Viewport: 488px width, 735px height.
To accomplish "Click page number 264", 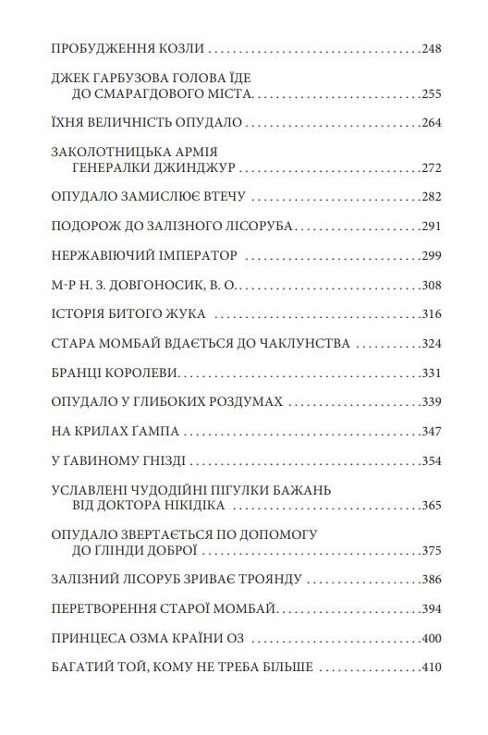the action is coord(430,122).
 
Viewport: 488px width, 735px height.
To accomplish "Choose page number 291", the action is coord(430,227).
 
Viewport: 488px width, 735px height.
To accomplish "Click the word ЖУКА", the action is coord(184,314).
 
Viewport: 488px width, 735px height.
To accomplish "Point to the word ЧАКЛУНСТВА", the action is coord(299,344).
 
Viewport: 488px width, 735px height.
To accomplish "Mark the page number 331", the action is coord(430,374).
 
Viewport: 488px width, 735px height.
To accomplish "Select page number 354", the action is coord(430,461).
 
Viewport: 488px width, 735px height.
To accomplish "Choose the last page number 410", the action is coord(430,668).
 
